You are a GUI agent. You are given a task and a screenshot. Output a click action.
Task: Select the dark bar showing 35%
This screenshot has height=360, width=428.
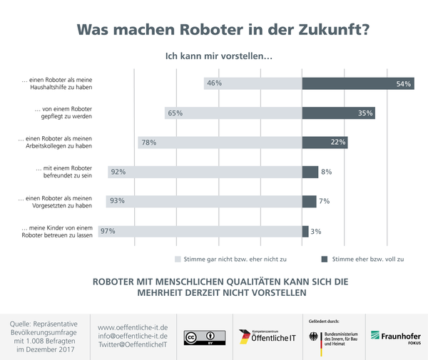pyautogui.click(x=338, y=113)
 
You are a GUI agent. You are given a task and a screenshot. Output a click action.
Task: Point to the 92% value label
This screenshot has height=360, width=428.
pyautogui.click(x=118, y=172)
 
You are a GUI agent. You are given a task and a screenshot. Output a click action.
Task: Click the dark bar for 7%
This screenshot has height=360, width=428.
pyautogui.click(x=309, y=201)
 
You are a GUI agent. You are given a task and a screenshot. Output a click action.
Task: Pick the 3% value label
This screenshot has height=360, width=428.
pyautogui.click(x=316, y=230)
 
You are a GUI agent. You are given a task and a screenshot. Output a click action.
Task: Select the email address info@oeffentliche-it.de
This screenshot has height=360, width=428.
pyautogui.click(x=133, y=335)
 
